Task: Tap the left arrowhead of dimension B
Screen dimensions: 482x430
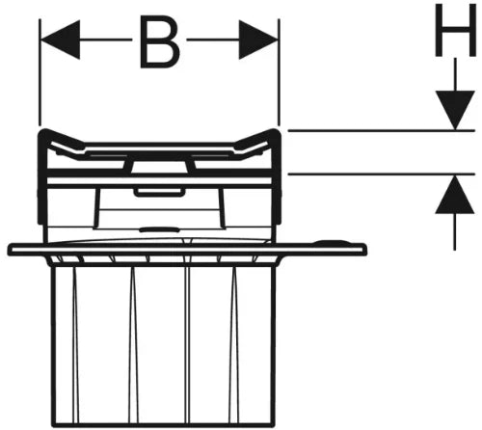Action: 60,40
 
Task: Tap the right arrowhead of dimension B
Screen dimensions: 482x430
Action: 258,40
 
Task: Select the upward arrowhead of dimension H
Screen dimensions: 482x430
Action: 455,194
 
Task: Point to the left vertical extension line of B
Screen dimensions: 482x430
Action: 40,72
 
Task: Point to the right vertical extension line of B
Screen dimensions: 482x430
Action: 279,72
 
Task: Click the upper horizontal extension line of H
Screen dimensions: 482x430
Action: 382,130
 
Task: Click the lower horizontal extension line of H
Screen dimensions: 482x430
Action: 382,175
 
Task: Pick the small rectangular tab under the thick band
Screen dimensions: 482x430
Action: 160,192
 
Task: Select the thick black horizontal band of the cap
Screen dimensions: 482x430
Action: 160,174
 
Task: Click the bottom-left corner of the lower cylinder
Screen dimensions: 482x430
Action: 53,426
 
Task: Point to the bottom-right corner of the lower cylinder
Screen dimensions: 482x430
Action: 274,426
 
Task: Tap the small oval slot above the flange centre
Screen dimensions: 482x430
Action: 160,229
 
